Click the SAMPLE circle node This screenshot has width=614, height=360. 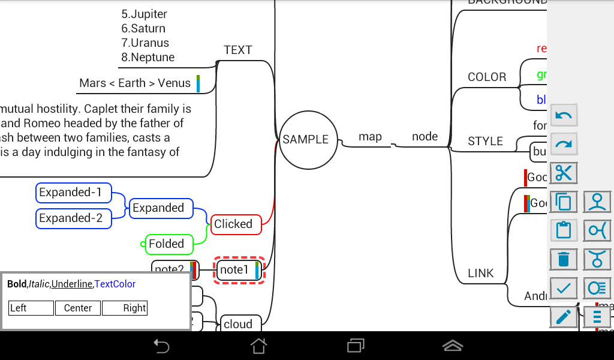tap(305, 140)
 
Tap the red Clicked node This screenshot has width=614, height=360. tap(236, 224)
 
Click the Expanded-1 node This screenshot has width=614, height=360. tap(74, 193)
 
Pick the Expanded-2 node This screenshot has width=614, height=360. tap(74, 218)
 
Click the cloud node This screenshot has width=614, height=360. tap(240, 324)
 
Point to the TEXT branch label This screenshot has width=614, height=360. tap(238, 50)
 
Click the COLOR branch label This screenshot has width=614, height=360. tap(487, 77)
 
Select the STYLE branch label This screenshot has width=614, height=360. tap(485, 142)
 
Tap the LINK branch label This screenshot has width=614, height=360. tap(481, 274)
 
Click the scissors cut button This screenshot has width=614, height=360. tap(564, 173)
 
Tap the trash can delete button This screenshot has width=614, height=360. tap(564, 259)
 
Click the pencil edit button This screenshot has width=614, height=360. tap(564, 316)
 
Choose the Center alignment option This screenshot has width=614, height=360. tap(78, 308)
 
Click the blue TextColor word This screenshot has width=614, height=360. tap(115, 284)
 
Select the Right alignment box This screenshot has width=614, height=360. tap(125, 308)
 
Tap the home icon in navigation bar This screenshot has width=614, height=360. tap(258, 346)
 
